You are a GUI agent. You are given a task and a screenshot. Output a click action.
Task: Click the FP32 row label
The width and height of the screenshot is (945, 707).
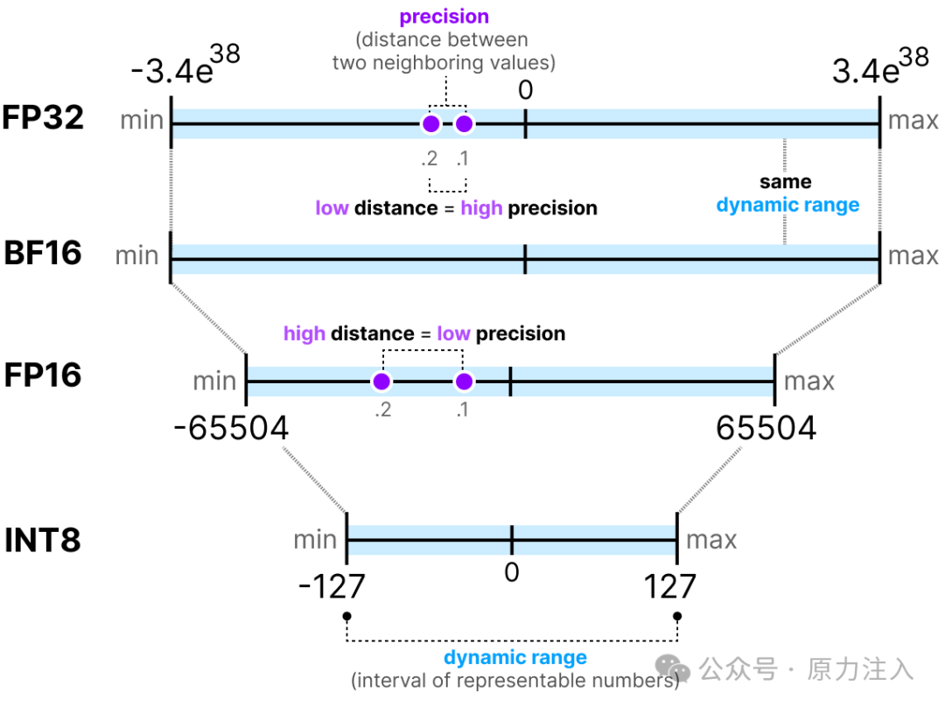coord(43,117)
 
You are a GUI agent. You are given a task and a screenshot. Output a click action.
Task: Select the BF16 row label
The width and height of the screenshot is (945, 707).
coord(43,253)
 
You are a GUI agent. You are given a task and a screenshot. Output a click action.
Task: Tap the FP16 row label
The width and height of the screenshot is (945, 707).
coord(43,375)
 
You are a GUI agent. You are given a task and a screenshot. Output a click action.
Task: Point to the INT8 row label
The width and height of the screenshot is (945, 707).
coord(43,540)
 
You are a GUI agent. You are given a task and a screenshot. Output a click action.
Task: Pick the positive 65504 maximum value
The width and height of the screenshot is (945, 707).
coord(766,429)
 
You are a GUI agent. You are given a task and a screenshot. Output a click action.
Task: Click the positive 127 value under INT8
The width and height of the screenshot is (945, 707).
coord(670,586)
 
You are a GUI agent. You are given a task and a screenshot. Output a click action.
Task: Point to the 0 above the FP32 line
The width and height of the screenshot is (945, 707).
coord(525,89)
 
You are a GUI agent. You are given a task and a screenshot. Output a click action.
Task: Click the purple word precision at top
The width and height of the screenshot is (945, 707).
coord(444,17)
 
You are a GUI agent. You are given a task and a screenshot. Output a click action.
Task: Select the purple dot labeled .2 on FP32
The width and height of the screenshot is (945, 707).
coord(430,124)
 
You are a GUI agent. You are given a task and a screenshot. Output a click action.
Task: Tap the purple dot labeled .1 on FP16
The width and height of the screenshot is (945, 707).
coord(464,381)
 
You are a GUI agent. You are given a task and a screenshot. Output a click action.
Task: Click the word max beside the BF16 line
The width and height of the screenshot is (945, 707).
coord(913,255)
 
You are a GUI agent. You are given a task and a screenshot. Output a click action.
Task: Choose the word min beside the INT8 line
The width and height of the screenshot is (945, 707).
coord(315,540)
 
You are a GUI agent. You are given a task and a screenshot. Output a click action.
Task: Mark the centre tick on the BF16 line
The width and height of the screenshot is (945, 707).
coord(525,259)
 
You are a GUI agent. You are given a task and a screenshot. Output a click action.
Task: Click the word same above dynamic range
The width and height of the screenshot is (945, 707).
coord(785,182)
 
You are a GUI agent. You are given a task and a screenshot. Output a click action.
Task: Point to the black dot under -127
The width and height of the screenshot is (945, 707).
coord(347,616)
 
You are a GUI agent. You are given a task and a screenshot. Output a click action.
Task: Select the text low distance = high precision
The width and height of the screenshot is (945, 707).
coord(456,208)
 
